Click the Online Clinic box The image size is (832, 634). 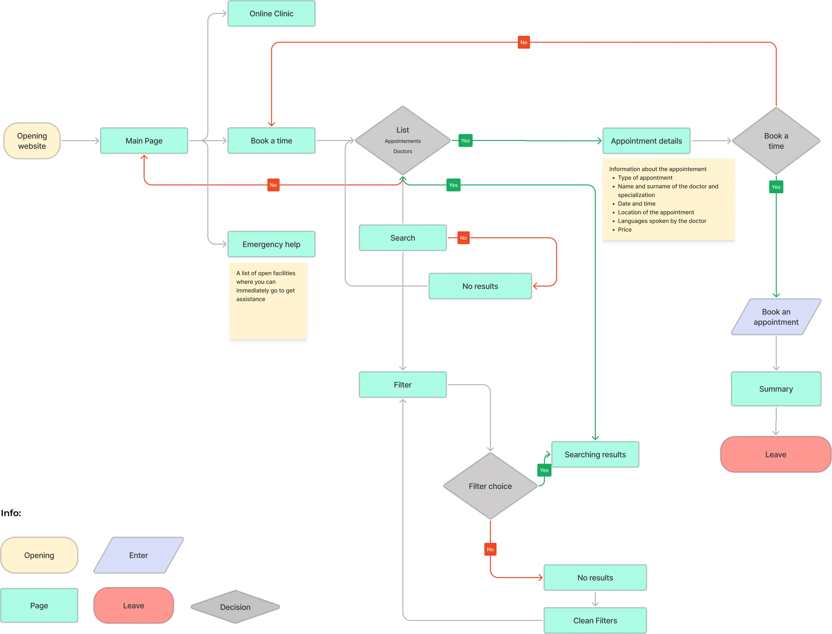pyautogui.click(x=271, y=14)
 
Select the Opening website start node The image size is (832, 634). pyautogui.click(x=32, y=141)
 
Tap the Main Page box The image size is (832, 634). pyautogui.click(x=144, y=141)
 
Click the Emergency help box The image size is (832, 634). pyautogui.click(x=271, y=244)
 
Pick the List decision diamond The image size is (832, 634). pyautogui.click(x=403, y=140)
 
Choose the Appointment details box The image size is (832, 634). pyautogui.click(x=646, y=141)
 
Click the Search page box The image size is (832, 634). pyautogui.click(x=403, y=238)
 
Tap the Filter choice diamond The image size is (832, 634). pyautogui.click(x=490, y=486)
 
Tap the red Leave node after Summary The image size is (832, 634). pyautogui.click(x=776, y=454)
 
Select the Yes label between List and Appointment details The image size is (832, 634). pyautogui.click(x=465, y=141)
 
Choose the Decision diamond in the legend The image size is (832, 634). pyautogui.click(x=235, y=607)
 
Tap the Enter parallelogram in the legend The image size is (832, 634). pyautogui.click(x=139, y=555)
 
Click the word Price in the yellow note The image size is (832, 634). pyautogui.click(x=625, y=230)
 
